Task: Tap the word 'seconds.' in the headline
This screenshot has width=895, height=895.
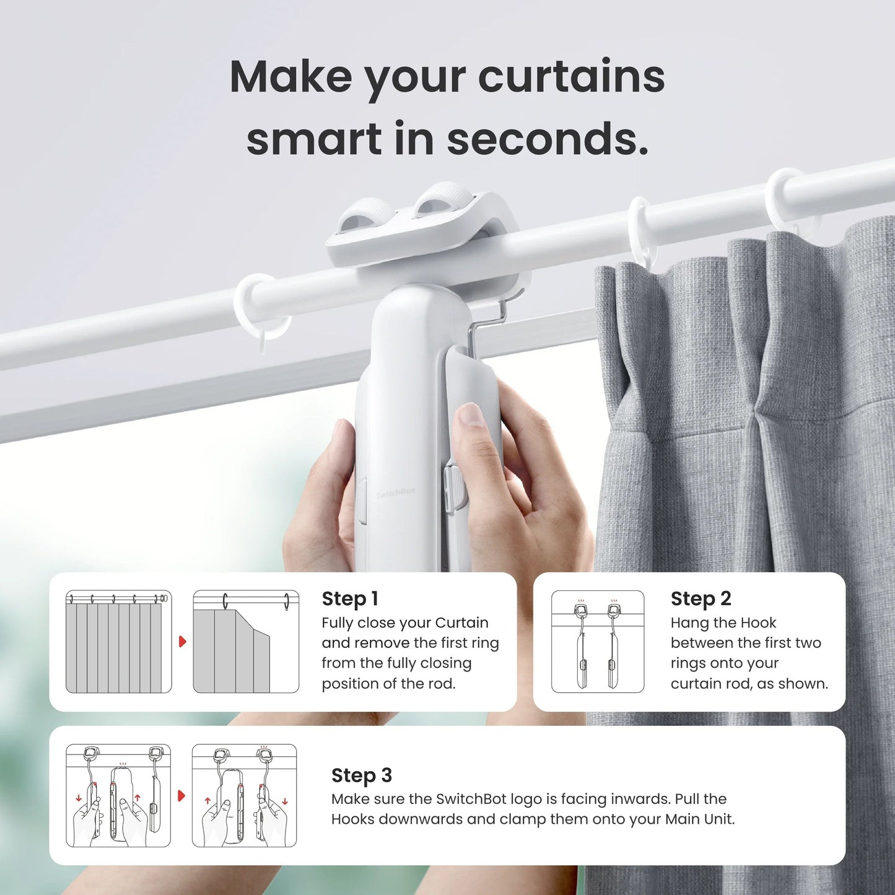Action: click(548, 139)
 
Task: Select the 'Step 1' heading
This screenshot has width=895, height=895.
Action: click(349, 599)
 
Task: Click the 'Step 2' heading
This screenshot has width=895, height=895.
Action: click(701, 599)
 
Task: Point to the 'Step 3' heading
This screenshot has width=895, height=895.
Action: click(361, 775)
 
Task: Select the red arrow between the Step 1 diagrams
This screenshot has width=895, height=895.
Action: click(182, 642)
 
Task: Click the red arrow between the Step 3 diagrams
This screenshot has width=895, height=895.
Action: click(181, 795)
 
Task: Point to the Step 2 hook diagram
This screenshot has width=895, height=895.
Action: click(598, 642)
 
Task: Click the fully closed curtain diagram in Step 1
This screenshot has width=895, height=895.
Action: click(118, 642)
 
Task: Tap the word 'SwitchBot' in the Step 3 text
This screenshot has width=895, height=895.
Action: click(468, 799)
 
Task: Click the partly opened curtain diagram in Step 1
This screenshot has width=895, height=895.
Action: click(245, 642)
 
